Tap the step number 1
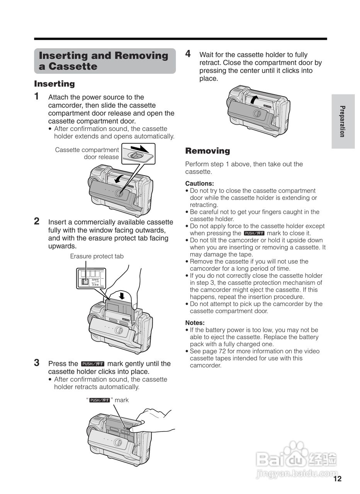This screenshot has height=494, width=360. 37,96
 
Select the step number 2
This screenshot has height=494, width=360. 37,221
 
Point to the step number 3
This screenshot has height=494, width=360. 37,363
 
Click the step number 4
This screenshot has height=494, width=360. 188,54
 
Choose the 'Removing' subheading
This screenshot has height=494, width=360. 207,151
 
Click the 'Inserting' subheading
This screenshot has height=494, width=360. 54,84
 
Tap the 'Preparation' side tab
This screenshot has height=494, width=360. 342,121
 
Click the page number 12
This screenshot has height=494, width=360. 337,479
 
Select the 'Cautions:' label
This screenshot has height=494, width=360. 199,184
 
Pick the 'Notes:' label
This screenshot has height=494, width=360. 195,323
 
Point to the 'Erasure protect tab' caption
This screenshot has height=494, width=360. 97,256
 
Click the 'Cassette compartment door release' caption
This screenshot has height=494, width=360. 87,153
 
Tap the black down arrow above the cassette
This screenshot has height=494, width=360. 122,295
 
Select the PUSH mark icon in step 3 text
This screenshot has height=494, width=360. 92,364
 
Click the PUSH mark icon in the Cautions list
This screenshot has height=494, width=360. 254,233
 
